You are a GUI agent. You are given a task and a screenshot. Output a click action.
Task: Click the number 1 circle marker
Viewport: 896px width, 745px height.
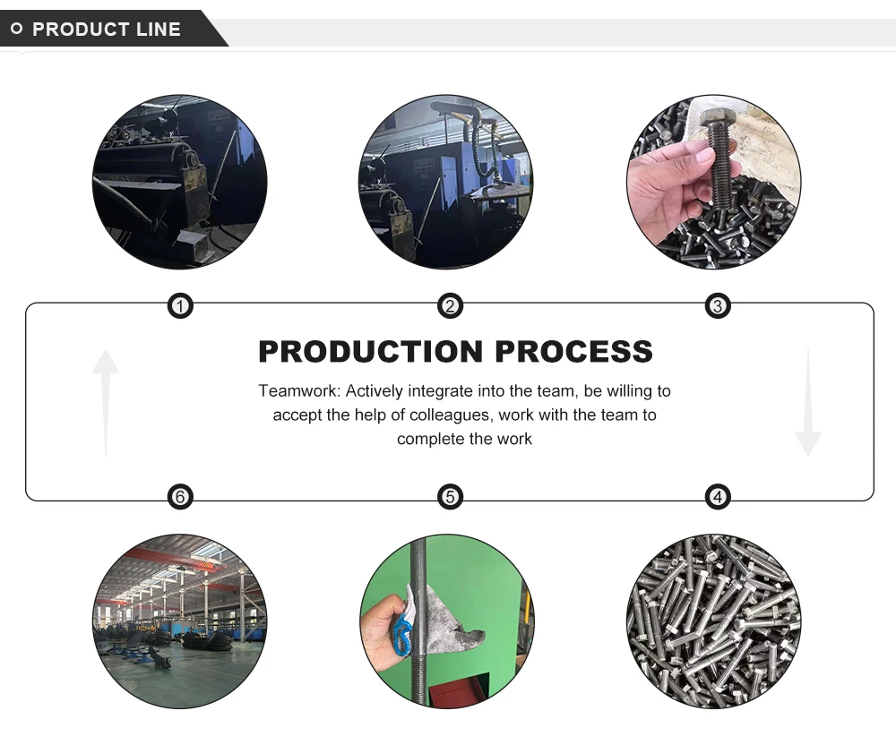tap(181, 307)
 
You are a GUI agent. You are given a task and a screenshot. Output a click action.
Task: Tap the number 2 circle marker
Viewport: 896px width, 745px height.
tap(450, 307)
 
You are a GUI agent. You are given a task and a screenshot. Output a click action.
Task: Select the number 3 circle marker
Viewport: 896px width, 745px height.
tap(717, 307)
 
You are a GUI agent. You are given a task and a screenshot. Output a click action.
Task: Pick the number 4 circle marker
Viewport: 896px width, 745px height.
tap(717, 496)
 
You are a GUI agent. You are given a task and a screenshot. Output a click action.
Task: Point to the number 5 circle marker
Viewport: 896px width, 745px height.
tap(450, 496)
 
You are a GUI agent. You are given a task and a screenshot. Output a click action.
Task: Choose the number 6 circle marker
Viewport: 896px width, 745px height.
tap(181, 496)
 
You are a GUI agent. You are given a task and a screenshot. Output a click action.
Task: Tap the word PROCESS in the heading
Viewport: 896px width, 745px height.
tap(574, 352)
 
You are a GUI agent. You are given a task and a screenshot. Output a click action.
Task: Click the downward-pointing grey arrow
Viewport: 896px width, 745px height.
tap(807, 403)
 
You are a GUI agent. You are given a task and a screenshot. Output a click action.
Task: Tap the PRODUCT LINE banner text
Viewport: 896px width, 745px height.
tap(107, 30)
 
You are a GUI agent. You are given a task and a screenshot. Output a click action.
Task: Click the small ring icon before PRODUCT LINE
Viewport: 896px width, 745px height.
tap(16, 30)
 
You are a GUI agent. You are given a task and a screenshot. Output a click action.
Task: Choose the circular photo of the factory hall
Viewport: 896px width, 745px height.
tap(180, 621)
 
